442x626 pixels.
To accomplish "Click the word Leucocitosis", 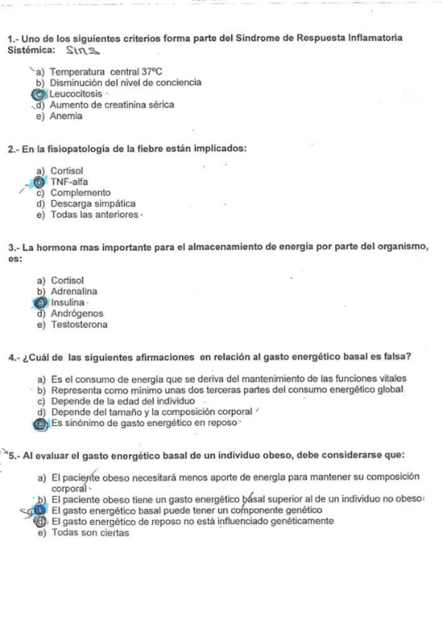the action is tap(76, 94).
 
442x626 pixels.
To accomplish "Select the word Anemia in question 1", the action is tap(66, 116).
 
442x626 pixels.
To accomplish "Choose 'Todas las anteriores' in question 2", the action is tap(94, 215).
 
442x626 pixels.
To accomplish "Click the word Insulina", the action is tap(68, 302).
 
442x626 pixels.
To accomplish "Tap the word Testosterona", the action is tap(79, 324).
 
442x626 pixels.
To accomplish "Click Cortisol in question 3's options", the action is tap(68, 281).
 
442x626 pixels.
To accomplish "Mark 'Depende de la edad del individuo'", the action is tap(122, 401).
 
